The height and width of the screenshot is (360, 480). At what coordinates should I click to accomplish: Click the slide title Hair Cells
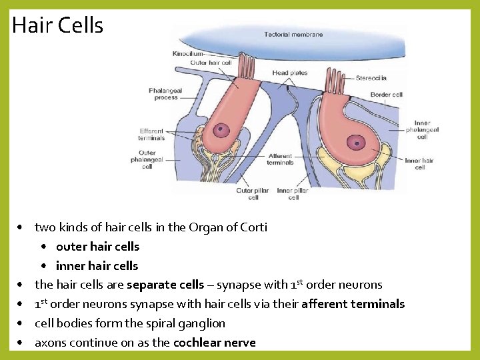57,25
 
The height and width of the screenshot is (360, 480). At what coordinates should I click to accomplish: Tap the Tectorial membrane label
293,35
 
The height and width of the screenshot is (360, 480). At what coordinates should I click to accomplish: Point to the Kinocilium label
187,53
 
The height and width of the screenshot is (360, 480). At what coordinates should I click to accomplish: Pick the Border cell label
387,95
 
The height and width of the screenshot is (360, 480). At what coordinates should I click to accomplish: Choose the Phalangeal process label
166,94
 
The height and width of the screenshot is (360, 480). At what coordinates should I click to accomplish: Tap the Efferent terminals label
151,135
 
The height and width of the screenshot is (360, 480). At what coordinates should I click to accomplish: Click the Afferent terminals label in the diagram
280,159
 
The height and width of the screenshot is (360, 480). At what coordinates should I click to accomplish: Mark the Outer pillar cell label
253,194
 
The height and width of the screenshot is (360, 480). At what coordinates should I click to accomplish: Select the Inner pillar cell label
293,194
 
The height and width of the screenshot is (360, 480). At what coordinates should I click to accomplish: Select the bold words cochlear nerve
214,343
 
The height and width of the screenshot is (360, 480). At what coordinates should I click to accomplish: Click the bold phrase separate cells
165,285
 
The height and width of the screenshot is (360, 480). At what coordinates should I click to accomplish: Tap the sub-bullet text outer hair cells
97,247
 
